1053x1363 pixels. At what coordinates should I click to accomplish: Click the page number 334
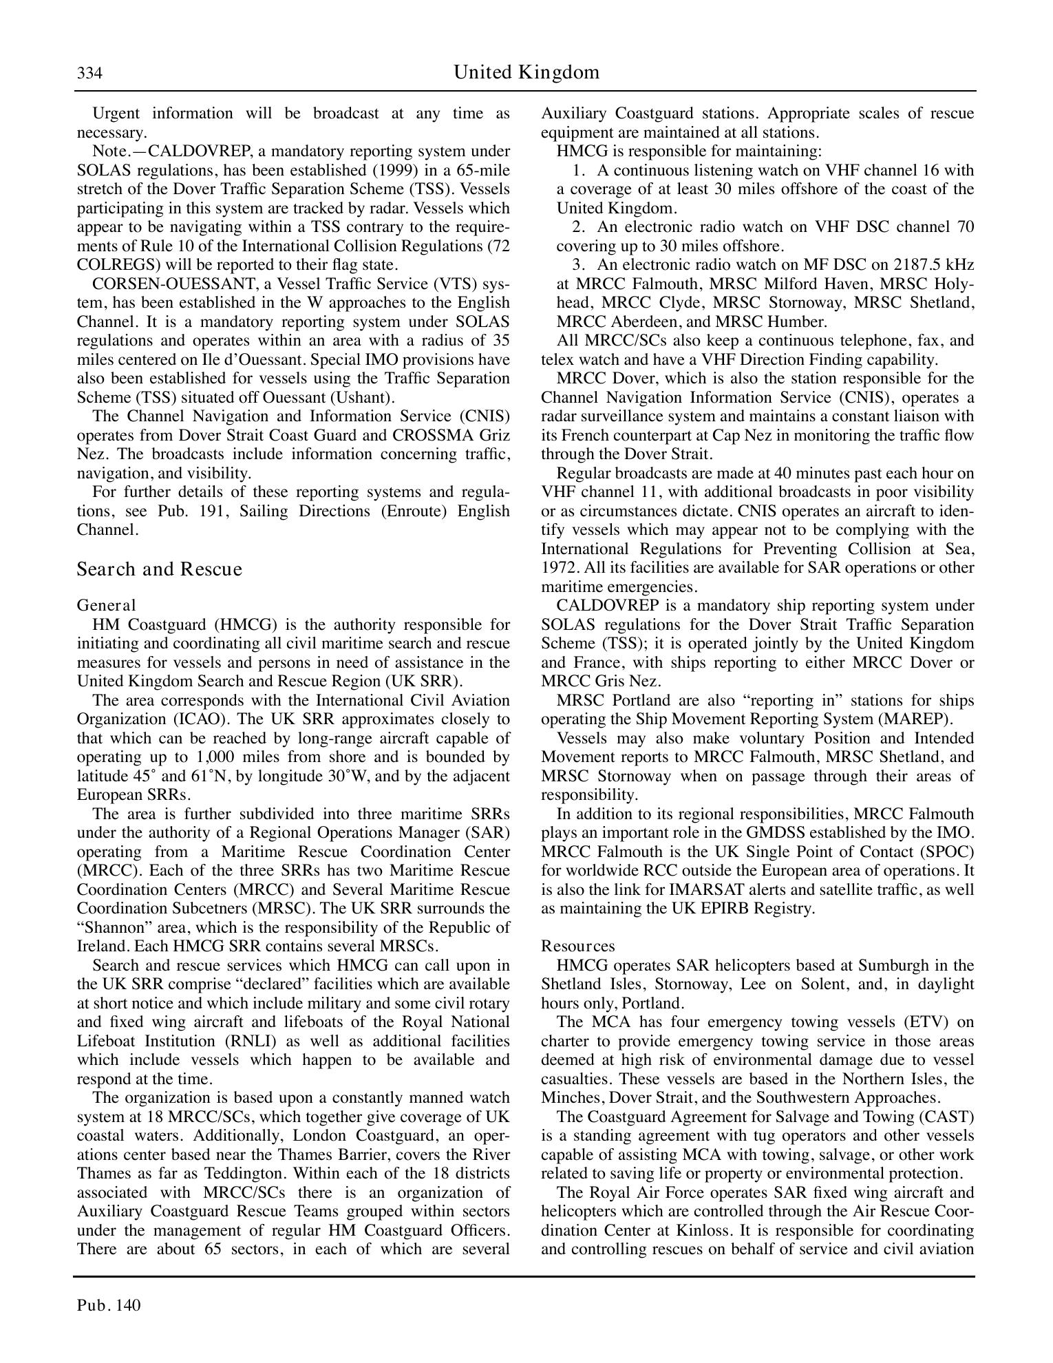pyautogui.click(x=89, y=74)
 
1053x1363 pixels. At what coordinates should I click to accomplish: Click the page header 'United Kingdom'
pyautogui.click(x=526, y=72)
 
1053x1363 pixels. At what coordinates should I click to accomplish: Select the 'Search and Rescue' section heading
pyautogui.click(x=160, y=569)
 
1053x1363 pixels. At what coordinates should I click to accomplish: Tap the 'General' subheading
pyautogui.click(x=106, y=605)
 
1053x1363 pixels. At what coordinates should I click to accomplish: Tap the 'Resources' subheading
pyautogui.click(x=577, y=946)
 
